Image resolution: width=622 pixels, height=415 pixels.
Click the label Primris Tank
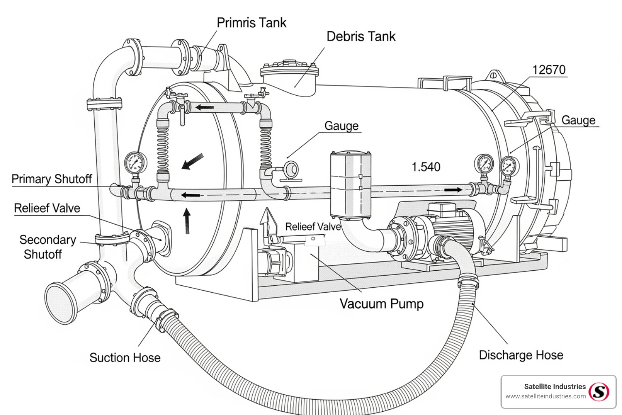[x=251, y=23]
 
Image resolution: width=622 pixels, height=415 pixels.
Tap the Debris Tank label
[x=361, y=36]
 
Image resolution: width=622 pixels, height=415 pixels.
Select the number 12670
[x=549, y=69]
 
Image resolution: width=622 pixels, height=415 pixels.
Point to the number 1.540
[x=426, y=167]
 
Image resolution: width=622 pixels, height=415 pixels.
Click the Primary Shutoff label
[x=52, y=179]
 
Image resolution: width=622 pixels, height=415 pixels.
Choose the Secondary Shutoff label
[x=47, y=247]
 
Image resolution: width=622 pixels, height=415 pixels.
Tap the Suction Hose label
[x=125, y=357]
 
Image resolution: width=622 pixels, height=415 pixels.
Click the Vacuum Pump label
[x=381, y=304]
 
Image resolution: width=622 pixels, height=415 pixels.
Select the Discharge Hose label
[x=521, y=355]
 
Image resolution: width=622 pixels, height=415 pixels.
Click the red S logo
[x=599, y=392]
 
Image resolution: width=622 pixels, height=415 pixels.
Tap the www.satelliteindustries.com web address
[x=545, y=396]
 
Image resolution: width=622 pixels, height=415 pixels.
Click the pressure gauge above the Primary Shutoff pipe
[x=136, y=163]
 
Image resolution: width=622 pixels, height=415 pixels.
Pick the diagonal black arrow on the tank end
[x=192, y=161]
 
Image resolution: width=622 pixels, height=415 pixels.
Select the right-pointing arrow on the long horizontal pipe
[x=453, y=190]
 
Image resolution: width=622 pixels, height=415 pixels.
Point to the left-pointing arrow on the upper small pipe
[x=204, y=107]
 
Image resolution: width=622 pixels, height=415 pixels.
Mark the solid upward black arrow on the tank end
[x=187, y=221]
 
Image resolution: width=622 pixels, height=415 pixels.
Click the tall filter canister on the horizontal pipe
[x=351, y=185]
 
